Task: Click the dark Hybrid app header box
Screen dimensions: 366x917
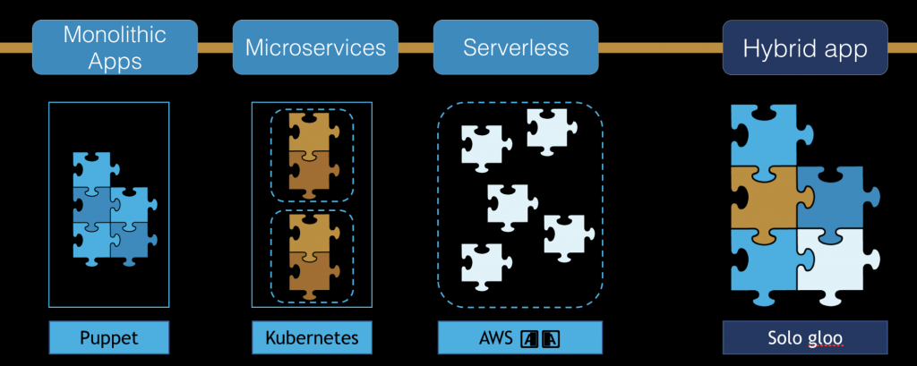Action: pos(804,47)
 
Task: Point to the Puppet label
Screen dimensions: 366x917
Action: pos(108,338)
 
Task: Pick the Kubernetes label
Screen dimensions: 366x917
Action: pos(312,338)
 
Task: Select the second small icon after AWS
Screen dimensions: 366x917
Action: pos(551,338)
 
